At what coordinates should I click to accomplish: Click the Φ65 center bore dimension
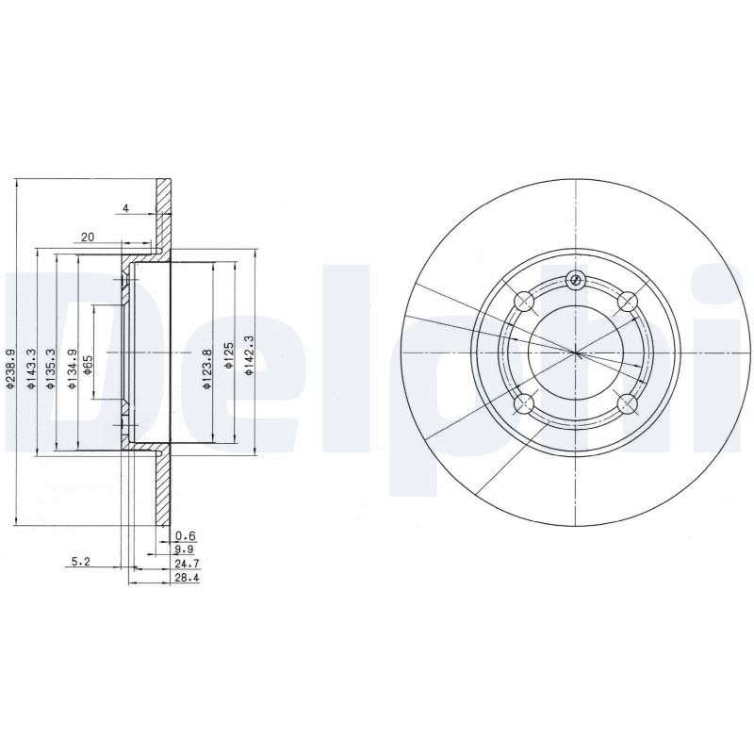tap(89, 365)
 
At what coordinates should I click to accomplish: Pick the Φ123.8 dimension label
tap(207, 369)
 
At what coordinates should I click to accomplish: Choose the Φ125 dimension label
tap(229, 356)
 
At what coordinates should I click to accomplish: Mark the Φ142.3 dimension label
tap(249, 355)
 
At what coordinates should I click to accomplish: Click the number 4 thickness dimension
tap(126, 208)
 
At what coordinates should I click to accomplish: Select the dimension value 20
tap(88, 238)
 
